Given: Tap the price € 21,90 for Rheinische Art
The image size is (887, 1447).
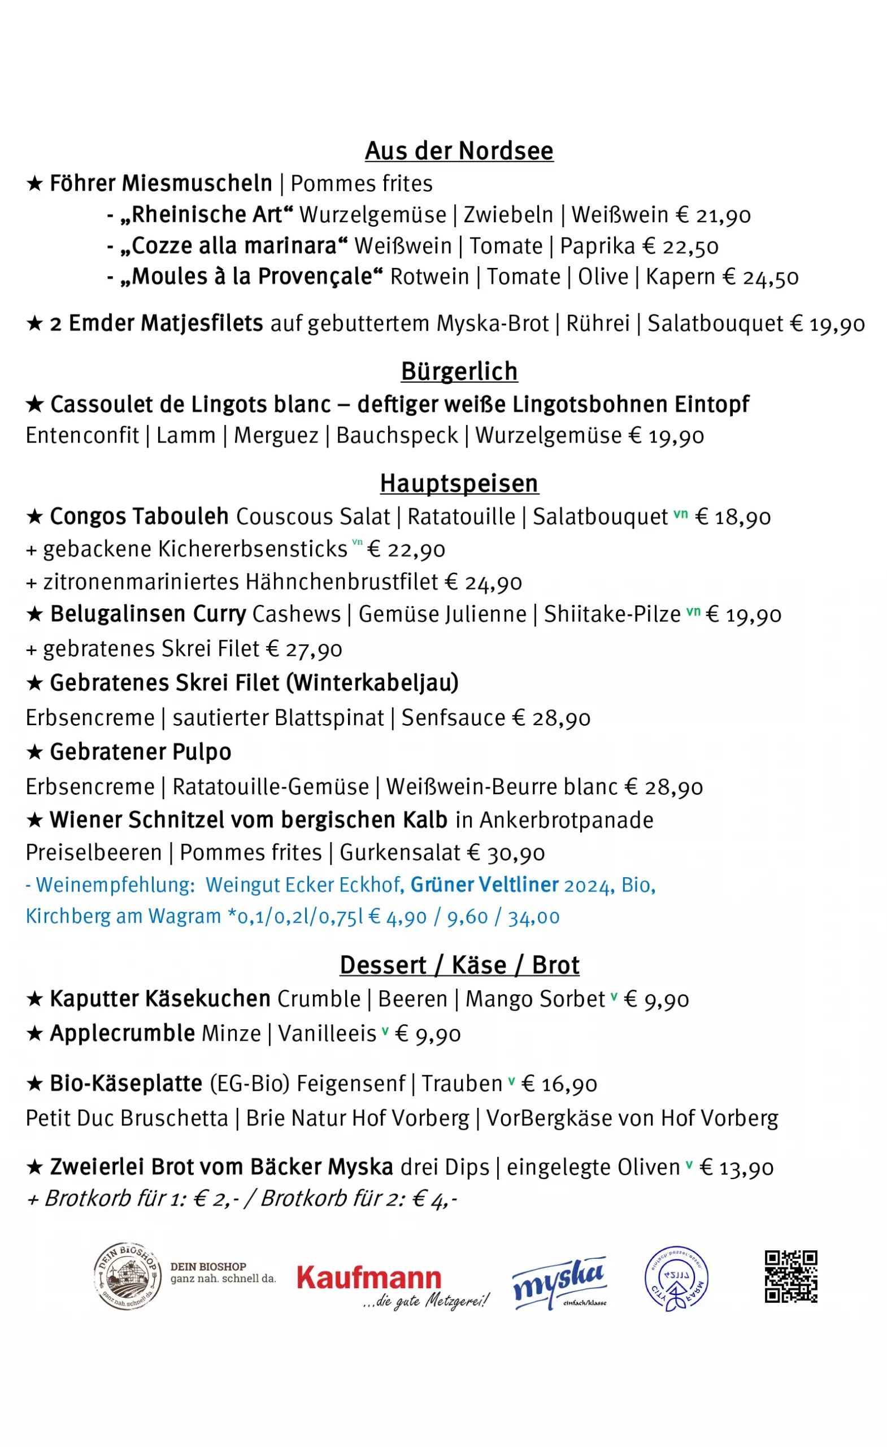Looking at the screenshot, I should point(712,215).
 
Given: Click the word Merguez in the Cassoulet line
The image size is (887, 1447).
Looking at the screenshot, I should point(276,436).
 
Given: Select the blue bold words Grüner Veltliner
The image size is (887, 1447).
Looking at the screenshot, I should point(484,885).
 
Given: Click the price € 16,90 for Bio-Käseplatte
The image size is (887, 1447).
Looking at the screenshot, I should point(559,1084).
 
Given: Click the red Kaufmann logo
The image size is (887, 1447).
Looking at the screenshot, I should point(369,1278).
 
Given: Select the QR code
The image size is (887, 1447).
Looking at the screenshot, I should point(790,1277).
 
